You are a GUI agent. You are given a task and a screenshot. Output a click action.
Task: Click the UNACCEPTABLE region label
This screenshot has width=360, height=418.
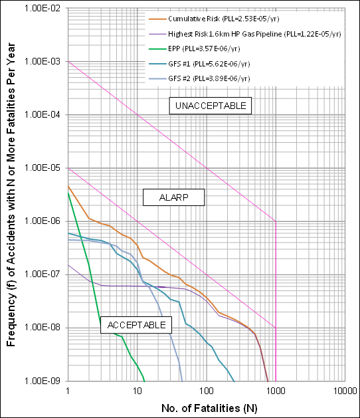(x=211, y=106)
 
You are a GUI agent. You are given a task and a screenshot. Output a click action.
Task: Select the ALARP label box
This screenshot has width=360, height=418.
(x=174, y=197)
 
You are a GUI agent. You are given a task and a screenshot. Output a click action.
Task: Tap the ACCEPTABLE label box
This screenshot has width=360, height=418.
(x=136, y=324)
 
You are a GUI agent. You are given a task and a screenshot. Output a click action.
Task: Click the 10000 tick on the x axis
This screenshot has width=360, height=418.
(x=344, y=391)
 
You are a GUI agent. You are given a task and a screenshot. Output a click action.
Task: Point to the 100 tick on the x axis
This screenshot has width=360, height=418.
(x=206, y=391)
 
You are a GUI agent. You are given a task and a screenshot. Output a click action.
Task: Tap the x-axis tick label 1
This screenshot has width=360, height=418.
(x=68, y=391)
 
